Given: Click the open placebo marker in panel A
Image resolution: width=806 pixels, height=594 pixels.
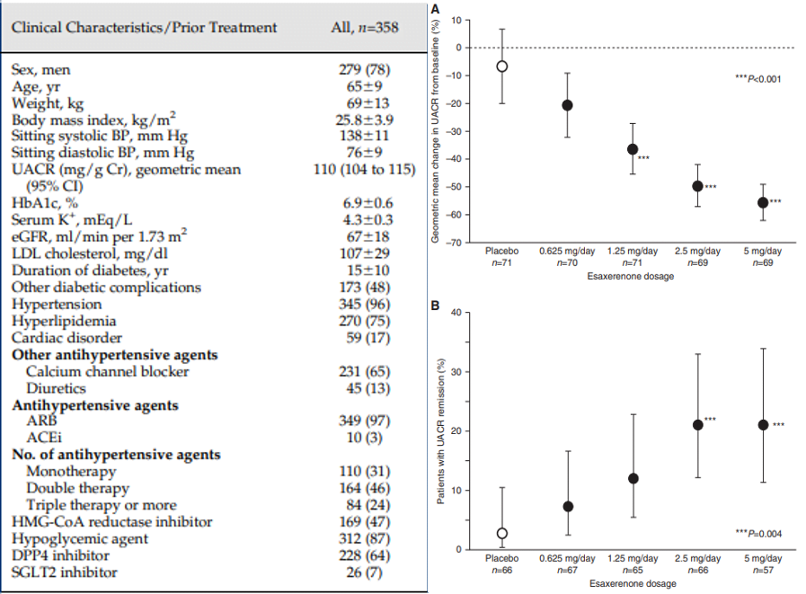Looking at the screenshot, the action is pos(501,66).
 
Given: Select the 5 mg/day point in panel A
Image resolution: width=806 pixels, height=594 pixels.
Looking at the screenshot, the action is pos(763,202).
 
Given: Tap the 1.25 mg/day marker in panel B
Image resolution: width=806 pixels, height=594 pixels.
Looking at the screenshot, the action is pos(633,478).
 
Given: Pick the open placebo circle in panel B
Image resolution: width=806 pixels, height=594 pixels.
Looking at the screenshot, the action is pos(501,533).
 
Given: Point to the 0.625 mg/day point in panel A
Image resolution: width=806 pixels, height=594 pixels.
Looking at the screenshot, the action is pos(568,105).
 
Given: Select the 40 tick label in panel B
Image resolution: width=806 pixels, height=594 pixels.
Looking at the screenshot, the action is pos(456,312).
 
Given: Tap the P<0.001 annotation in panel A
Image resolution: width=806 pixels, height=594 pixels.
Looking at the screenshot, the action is pos(758,79).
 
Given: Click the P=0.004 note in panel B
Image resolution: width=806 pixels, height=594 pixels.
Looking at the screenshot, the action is pos(758,534).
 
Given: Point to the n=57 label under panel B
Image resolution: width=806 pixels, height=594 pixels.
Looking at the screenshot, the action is pos(763,570).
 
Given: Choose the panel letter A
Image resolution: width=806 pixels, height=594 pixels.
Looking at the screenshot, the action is pos(435,9).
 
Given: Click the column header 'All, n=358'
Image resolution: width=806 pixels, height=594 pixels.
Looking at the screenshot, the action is pos(365,27).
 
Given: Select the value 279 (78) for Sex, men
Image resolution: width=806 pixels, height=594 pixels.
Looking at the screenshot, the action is pos(365,69).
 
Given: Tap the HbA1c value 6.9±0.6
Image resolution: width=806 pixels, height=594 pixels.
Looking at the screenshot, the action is pos(368,202).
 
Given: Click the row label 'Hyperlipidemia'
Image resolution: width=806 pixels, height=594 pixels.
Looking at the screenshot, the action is pos(64,322).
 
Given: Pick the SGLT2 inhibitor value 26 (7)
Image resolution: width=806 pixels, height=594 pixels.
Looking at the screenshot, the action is pos(365,572).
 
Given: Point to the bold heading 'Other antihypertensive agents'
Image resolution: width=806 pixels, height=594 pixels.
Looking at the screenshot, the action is pos(115,355).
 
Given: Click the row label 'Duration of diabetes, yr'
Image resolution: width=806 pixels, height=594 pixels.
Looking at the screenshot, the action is pos(90,270).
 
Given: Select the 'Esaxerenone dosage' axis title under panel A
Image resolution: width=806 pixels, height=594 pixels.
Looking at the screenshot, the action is pos(631,276).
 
